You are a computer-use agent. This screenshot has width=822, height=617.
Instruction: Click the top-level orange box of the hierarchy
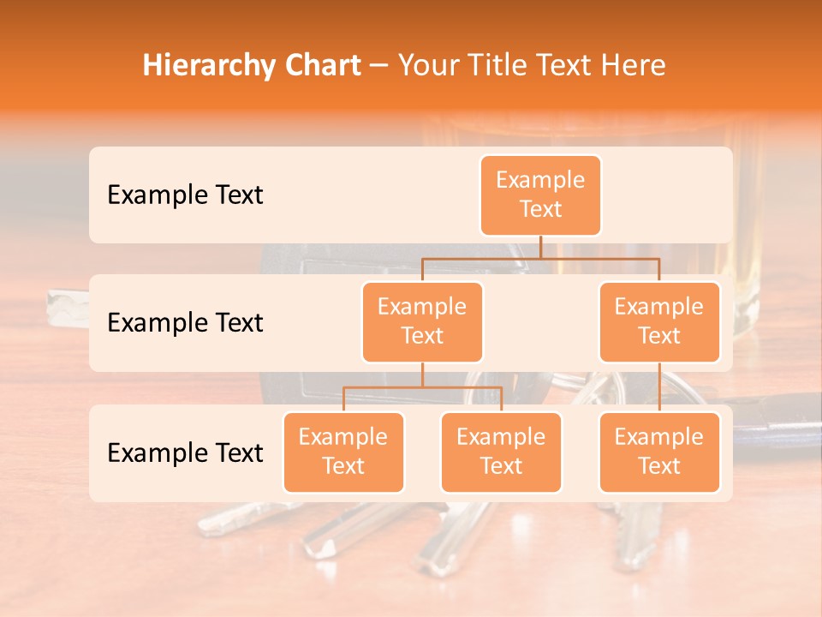[x=540, y=195]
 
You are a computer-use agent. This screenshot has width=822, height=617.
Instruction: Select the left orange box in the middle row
[x=422, y=322]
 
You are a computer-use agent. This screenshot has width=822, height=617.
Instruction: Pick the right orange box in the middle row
[x=659, y=322]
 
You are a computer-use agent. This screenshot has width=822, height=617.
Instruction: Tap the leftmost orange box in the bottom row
[x=343, y=452]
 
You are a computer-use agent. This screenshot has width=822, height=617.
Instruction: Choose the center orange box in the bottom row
[x=501, y=452]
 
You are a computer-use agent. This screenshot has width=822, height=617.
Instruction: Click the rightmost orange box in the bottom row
[x=659, y=452]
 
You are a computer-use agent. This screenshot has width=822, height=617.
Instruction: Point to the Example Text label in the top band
[x=185, y=195]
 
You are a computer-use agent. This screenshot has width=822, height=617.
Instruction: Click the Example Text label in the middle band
[x=185, y=323]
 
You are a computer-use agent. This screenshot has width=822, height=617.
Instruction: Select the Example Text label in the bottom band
[x=185, y=453]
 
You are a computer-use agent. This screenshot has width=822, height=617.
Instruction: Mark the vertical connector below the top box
[x=540, y=247]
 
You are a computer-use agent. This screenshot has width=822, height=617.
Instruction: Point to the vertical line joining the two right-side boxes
[x=659, y=387]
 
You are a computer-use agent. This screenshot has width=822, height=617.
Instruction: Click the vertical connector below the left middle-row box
[x=422, y=374]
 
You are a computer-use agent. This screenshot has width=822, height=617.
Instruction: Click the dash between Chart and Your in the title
[x=379, y=66]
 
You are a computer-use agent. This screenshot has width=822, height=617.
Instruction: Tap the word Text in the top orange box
[x=540, y=210]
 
